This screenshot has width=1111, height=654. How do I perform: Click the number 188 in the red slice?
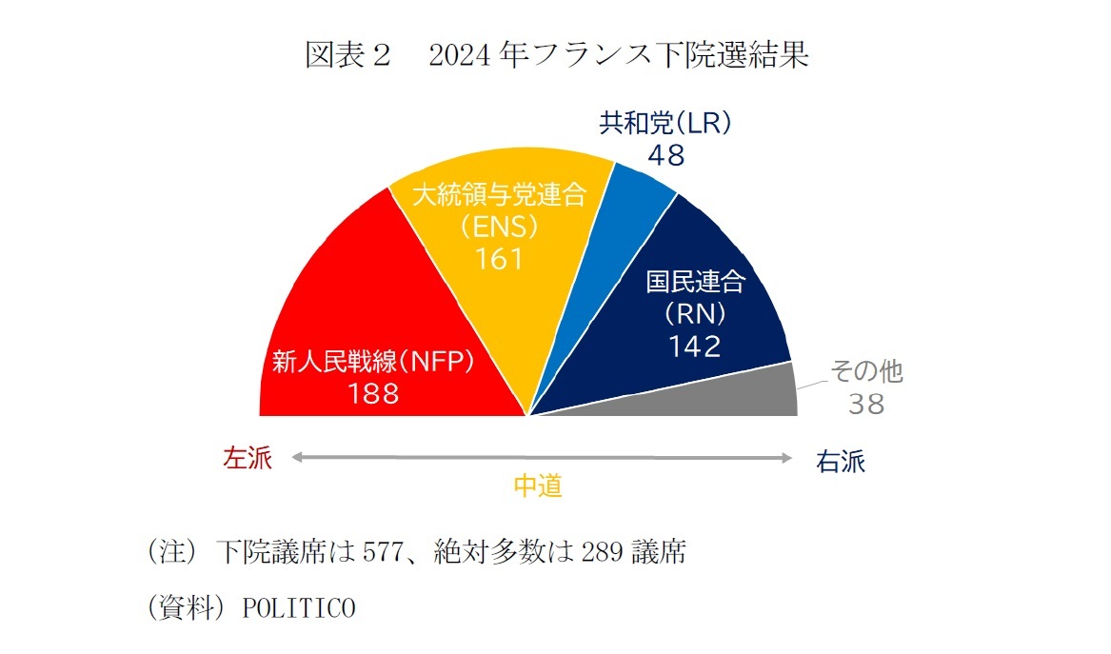(x=373, y=393)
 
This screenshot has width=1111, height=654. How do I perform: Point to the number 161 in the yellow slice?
(x=499, y=259)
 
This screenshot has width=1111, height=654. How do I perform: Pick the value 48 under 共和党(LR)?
(x=665, y=155)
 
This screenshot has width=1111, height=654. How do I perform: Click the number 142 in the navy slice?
(x=694, y=347)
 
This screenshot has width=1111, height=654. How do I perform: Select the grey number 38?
(x=867, y=405)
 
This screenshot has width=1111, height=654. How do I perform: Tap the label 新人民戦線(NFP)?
(x=373, y=363)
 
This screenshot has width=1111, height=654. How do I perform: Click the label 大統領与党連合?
(x=499, y=195)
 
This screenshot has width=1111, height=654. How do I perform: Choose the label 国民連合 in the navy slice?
(x=695, y=282)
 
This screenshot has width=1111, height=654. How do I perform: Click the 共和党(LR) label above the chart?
(x=665, y=123)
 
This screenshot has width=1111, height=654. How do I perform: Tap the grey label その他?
(x=867, y=371)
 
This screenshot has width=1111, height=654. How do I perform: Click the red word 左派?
(x=248, y=459)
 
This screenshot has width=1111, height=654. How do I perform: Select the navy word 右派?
(x=841, y=463)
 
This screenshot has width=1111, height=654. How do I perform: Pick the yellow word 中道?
(x=538, y=486)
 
